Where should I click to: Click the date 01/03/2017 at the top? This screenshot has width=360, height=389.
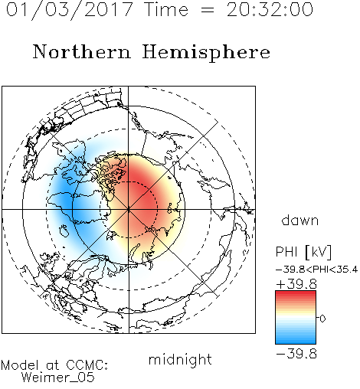tap(69, 10)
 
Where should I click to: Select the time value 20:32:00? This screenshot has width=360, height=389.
tap(270, 10)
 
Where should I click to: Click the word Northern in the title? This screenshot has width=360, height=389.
tap(81, 51)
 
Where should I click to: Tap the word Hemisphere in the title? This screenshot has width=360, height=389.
tap(206, 53)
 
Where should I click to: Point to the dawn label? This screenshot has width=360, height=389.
tap(300, 220)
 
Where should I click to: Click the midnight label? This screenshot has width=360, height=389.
tap(180, 359)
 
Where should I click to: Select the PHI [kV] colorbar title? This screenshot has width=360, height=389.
tap(303, 252)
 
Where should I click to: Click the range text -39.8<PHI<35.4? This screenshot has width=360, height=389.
tap(316, 270)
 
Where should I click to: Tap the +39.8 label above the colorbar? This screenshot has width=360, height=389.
tap(296, 284)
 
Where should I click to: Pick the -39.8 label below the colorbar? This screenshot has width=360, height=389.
tap(296, 354)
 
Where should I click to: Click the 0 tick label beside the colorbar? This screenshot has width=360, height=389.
tap(322, 319)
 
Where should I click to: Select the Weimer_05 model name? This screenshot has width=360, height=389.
tap(58, 378)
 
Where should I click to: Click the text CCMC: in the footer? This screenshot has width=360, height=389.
tap(87, 365)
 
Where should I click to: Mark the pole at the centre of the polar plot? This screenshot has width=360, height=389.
tap(129, 209)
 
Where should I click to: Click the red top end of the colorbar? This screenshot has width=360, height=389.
tap(296, 293)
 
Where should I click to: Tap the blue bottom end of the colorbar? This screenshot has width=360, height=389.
tap(296, 342)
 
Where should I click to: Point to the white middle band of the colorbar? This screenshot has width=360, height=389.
tap(296, 319)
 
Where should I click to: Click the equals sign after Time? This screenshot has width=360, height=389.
tap(208, 10)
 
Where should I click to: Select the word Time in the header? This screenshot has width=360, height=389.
tap(166, 10)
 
